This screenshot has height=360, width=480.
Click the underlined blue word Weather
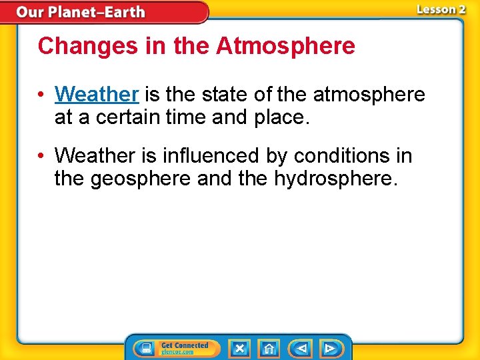[x=97, y=95]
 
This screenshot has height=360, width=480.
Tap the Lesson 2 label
[x=441, y=9]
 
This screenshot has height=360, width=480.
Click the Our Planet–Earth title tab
[x=81, y=12]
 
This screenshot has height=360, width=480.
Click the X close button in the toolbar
[x=240, y=348]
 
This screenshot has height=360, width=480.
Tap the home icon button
[x=269, y=348]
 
